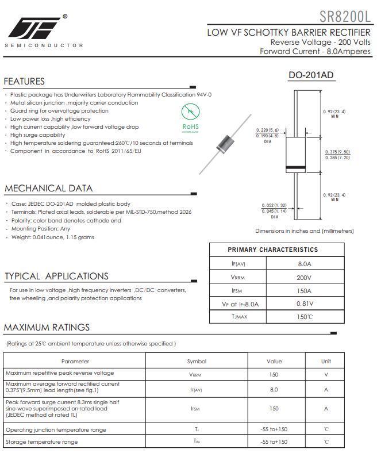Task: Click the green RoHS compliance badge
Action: pos(190,118)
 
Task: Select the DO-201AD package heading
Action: pos(310,75)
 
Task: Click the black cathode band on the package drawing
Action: pos(296,167)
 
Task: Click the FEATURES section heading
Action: pos(24,82)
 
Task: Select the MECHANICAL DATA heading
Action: pos(48,189)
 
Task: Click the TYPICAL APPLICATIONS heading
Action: pos(56,276)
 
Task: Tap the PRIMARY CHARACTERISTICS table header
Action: pos(272,249)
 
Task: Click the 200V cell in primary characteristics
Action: pos(305,277)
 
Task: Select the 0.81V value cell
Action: pos(305,303)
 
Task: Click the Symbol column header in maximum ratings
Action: pos(197,361)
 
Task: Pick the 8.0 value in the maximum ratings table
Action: pos(274,389)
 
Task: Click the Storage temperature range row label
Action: pos(41,442)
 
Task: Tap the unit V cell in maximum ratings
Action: pos(326,374)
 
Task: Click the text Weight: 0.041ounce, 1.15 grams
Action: pos(52,237)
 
